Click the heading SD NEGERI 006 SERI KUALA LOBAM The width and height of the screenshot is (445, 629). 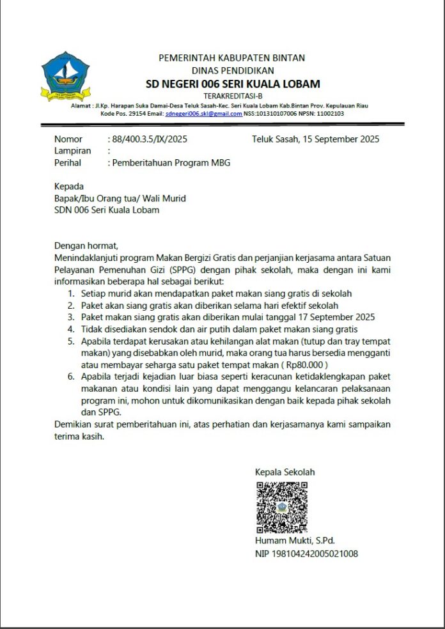(x=232, y=84)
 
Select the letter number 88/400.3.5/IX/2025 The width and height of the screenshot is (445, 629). (x=149, y=139)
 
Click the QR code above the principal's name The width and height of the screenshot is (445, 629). (x=282, y=508)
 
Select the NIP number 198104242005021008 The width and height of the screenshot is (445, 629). (x=306, y=554)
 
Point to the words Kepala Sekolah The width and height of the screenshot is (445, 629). (x=285, y=472)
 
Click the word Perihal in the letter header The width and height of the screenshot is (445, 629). (x=68, y=163)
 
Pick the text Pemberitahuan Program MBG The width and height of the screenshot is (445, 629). (x=171, y=163)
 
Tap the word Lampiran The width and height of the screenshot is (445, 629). (x=72, y=151)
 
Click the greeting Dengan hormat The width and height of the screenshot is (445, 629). (x=87, y=245)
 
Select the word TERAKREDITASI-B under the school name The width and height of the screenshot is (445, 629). (x=232, y=96)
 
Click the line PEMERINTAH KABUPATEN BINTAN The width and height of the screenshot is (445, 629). (x=232, y=58)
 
